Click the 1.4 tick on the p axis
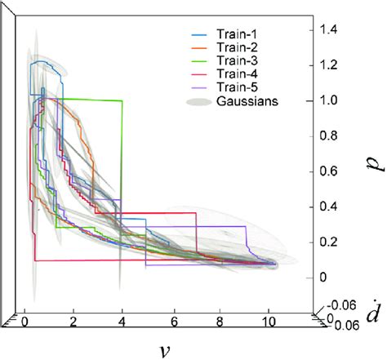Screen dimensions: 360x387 [327, 29]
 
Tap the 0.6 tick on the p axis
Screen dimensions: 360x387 [327, 171]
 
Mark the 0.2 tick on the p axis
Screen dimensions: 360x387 [327, 242]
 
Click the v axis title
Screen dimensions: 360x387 [166, 349]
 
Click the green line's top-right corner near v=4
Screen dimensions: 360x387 [122, 100]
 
